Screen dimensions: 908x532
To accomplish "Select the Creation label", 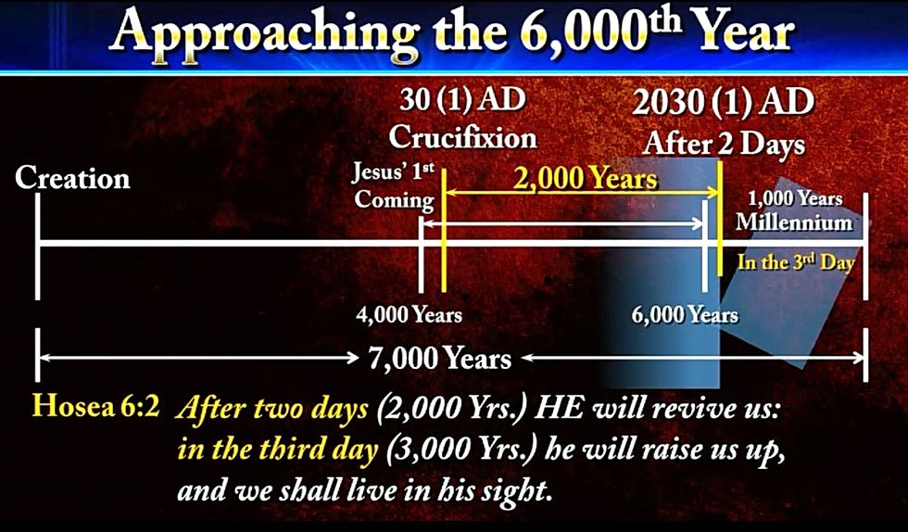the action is (x=72, y=178).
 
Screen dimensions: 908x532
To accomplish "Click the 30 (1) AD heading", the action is (x=462, y=99).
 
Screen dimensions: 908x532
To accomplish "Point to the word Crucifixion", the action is (x=462, y=137).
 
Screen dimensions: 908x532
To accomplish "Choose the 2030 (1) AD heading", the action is (x=724, y=102).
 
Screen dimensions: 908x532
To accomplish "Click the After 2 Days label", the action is (x=724, y=143).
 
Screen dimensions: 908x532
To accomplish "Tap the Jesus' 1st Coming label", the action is (x=394, y=186).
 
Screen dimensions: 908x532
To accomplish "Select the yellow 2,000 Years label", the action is (x=585, y=179).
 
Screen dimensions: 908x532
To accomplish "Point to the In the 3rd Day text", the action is (x=796, y=262).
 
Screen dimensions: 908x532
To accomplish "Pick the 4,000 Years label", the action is (x=410, y=315).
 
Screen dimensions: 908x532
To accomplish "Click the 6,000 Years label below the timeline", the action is (x=685, y=315).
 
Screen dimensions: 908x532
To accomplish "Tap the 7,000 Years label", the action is (x=440, y=359).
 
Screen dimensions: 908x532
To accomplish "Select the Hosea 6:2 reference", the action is (x=95, y=406).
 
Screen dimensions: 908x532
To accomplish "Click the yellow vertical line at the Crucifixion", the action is (x=443, y=230).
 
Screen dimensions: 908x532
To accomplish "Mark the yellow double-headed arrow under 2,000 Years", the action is (x=581, y=193).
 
